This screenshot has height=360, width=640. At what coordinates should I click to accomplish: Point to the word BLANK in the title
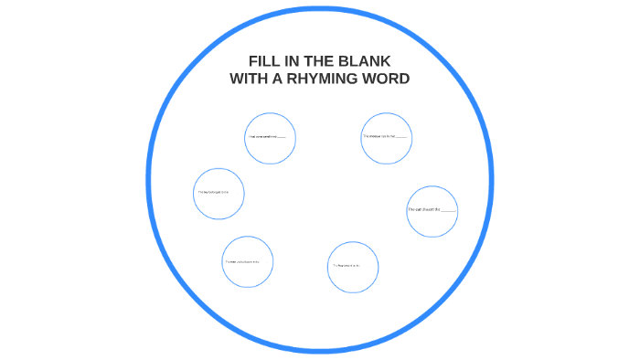click(x=368, y=61)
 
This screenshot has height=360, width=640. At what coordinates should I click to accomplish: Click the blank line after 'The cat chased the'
click(x=448, y=210)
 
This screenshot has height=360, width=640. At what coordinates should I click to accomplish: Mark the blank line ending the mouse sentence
click(x=402, y=136)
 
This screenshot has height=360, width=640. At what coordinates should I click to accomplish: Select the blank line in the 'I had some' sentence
click(x=280, y=137)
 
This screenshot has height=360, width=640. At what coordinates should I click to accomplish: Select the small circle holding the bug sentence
click(x=219, y=193)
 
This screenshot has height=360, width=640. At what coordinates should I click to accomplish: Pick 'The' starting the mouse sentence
click(x=365, y=135)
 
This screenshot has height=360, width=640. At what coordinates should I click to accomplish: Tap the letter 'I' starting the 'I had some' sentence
click(x=248, y=137)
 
